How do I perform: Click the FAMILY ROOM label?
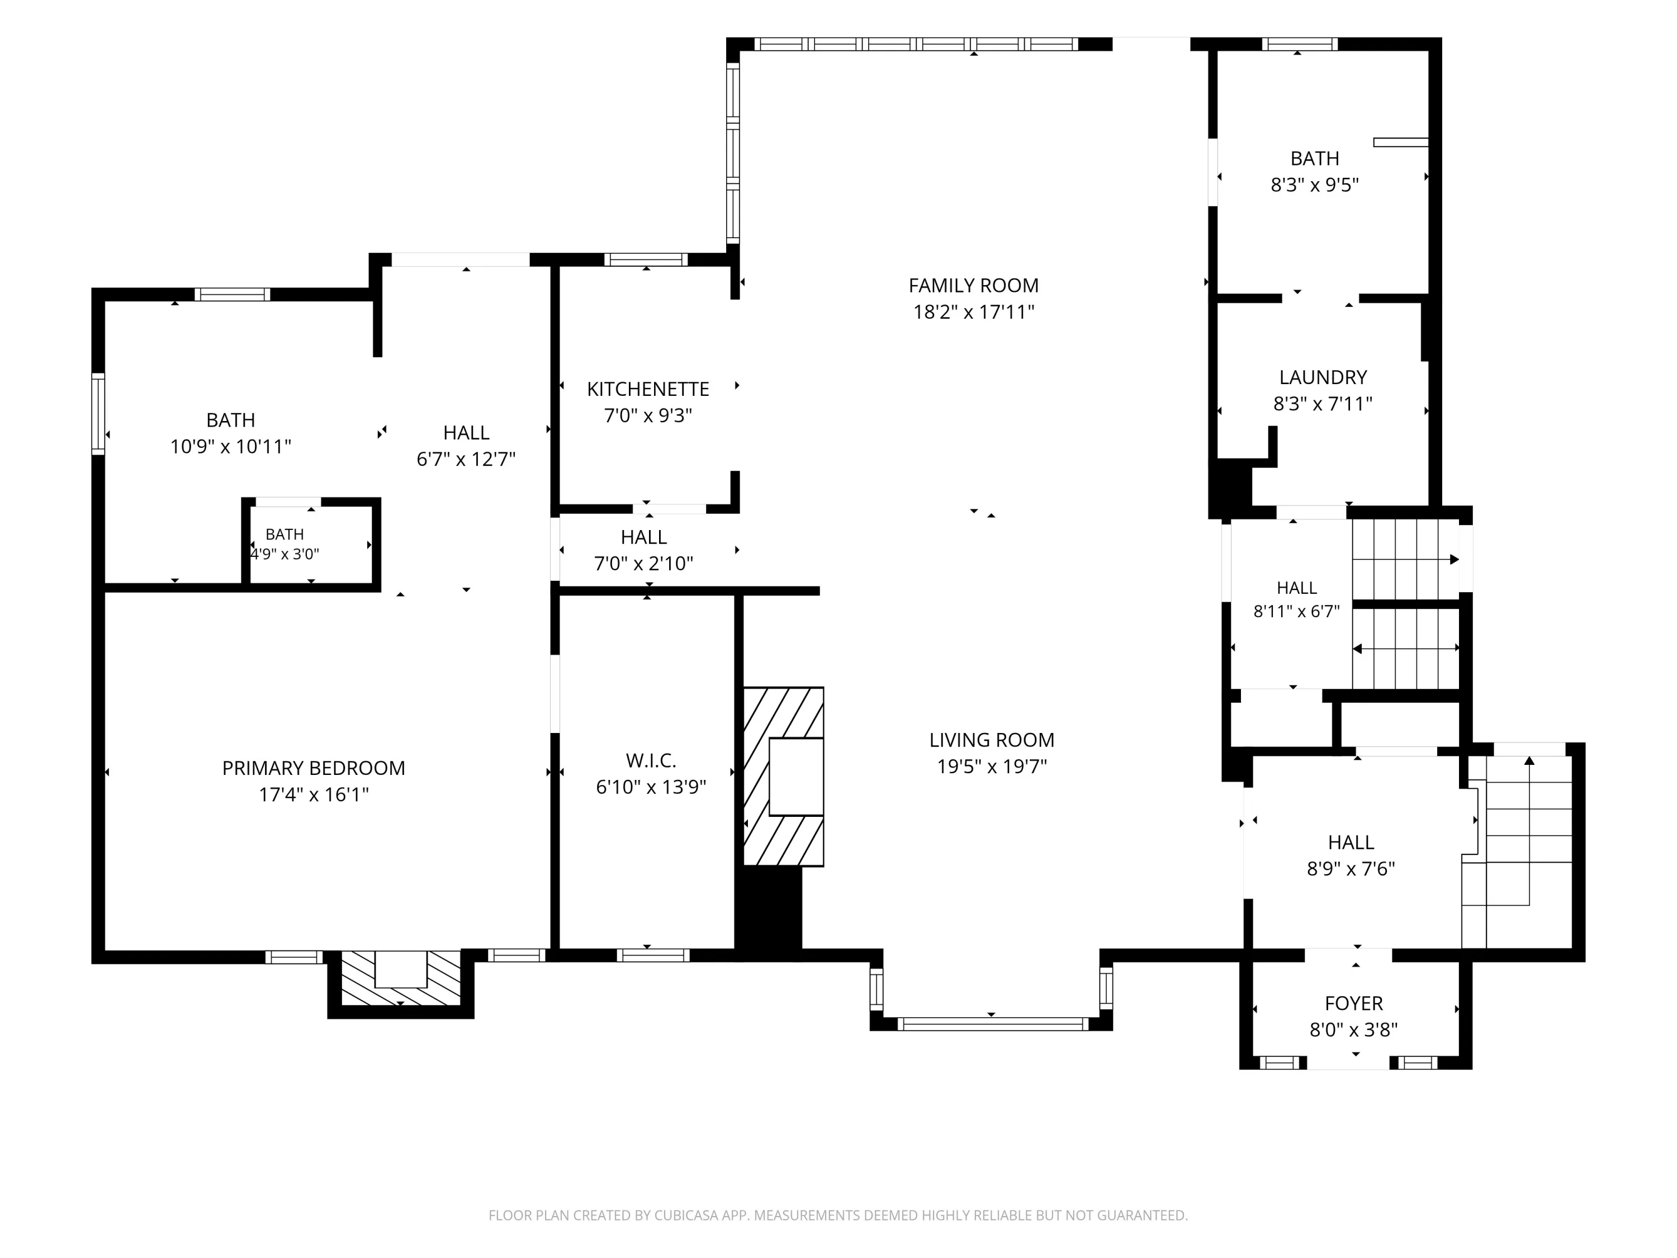[x=973, y=286]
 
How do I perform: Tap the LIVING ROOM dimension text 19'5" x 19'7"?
[x=992, y=767]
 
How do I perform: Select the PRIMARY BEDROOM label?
[x=313, y=768]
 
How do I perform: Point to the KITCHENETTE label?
[x=648, y=389]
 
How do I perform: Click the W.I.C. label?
[x=651, y=760]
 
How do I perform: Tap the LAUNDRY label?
[x=1323, y=377]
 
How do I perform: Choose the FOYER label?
[x=1354, y=1003]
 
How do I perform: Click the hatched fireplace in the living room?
[x=783, y=777]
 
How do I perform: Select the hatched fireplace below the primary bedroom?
[x=401, y=978]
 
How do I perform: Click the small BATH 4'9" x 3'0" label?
[x=285, y=543]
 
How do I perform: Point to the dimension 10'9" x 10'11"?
[x=230, y=447]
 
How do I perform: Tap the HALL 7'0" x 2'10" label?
[x=643, y=550]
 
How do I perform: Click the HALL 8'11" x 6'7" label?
[x=1296, y=599]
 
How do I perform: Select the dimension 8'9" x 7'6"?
[x=1351, y=868]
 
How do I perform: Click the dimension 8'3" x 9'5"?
[x=1315, y=185]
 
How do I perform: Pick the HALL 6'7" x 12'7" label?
[x=466, y=445]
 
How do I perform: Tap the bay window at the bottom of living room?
[x=991, y=1024]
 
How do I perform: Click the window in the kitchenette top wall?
[x=646, y=259]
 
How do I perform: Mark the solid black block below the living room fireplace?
[x=769, y=914]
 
